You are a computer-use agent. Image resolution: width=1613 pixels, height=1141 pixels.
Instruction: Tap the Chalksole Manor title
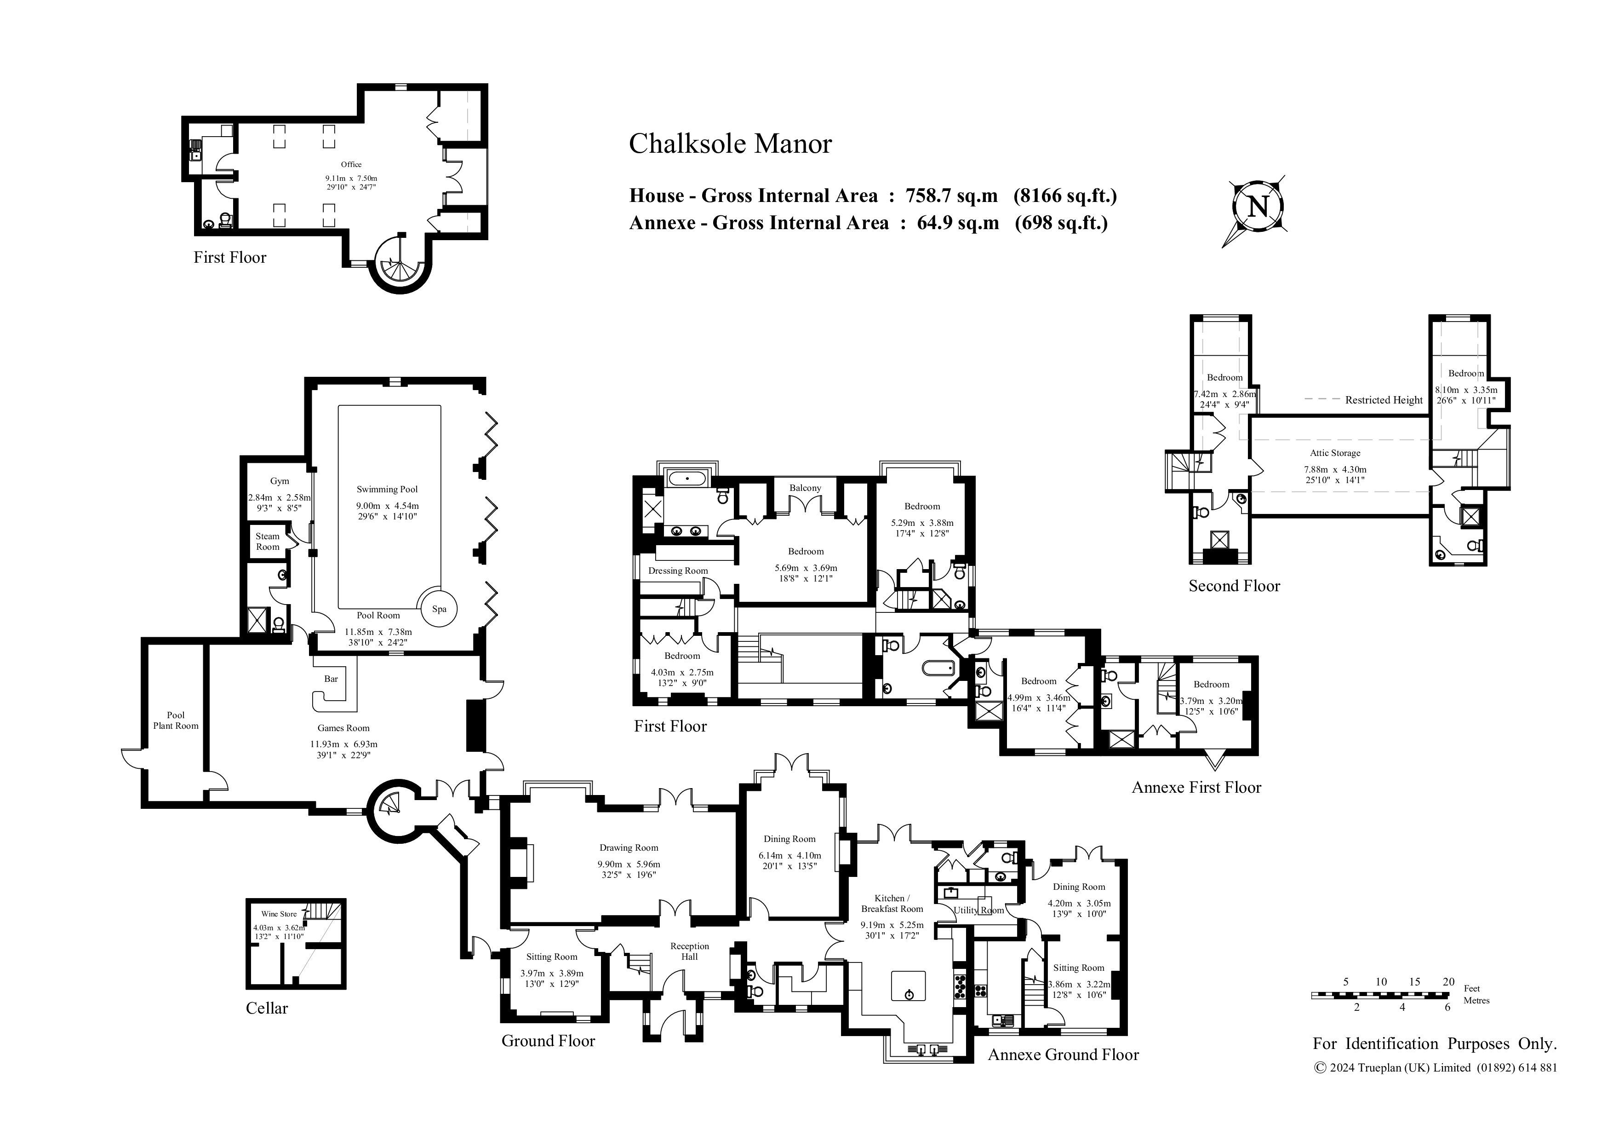730,144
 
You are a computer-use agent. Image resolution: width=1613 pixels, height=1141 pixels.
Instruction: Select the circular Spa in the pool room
439,609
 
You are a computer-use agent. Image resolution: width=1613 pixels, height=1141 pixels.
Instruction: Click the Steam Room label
268,542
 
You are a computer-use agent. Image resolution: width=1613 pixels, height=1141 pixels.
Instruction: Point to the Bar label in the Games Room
331,679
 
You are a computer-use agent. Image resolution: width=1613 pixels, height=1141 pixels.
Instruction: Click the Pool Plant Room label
176,720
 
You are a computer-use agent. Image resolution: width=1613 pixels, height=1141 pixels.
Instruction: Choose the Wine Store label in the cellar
279,914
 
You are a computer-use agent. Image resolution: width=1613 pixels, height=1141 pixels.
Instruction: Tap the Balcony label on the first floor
805,488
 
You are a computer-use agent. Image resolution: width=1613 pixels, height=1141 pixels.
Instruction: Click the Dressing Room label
678,571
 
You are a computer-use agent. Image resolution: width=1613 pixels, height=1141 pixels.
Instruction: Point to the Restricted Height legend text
1384,400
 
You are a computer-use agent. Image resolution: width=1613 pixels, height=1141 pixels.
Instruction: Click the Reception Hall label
689,951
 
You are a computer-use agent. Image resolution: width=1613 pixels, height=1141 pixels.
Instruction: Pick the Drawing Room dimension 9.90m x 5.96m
629,864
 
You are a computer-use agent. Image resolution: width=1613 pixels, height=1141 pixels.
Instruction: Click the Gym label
280,482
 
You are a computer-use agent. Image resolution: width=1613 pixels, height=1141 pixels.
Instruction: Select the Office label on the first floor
351,165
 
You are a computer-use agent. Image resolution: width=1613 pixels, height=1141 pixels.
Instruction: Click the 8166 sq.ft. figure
1065,196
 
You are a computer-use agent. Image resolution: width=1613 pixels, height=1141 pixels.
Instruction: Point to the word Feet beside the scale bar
1472,988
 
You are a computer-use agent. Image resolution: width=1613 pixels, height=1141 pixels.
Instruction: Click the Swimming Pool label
387,490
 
